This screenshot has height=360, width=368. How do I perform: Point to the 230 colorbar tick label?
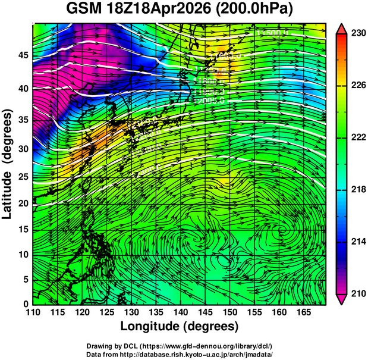point(356,35)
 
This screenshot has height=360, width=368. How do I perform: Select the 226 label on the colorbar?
point(356,86)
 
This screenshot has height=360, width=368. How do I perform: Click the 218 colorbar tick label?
point(356,190)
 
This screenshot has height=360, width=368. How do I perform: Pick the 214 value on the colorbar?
point(356,242)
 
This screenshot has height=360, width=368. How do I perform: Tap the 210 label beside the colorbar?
point(356,293)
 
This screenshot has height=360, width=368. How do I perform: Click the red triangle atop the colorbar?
point(342,30)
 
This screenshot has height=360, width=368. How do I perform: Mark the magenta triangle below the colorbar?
point(342,299)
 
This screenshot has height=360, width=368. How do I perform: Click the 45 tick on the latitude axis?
point(21,55)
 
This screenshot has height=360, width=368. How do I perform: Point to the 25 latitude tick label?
point(21,177)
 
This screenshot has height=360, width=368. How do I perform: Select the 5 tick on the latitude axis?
point(25,278)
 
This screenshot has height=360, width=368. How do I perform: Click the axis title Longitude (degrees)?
point(180,327)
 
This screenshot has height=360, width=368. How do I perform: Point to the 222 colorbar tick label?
point(356,138)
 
